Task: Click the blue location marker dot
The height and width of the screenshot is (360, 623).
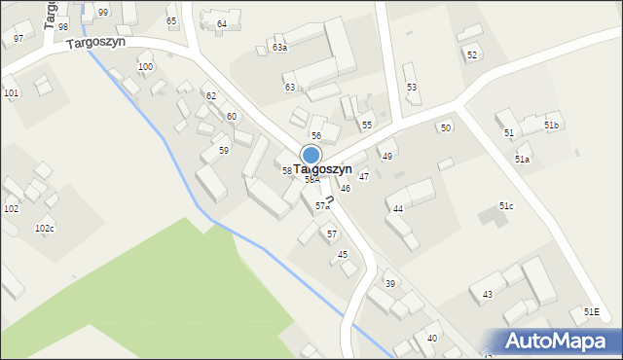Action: coord(311,155)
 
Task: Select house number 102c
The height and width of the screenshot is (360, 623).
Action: coord(45,229)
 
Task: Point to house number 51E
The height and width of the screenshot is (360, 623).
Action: coord(592,311)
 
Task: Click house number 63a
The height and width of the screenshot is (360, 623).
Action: coord(279,48)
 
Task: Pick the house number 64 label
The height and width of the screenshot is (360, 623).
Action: coord(222,23)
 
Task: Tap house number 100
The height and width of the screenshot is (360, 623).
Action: coord(145,67)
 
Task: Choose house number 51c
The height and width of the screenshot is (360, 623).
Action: coord(506,206)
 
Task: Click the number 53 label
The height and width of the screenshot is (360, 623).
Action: coord(412,88)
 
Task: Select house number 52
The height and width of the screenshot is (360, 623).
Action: coord(472,55)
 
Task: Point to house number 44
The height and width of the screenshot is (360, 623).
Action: coord(397,209)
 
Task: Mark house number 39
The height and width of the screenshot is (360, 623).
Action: coord(389,284)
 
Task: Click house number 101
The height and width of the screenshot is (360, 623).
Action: coord(11,93)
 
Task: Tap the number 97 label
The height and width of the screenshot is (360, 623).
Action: coord(18,38)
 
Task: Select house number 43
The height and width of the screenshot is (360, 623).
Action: coord(488,294)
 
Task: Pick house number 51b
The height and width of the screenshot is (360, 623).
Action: coord(551,126)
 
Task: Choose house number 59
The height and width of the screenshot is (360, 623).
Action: coord(224,150)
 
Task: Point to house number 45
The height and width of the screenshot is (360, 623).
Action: coord(343,255)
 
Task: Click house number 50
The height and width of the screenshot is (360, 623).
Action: coord(446,128)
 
